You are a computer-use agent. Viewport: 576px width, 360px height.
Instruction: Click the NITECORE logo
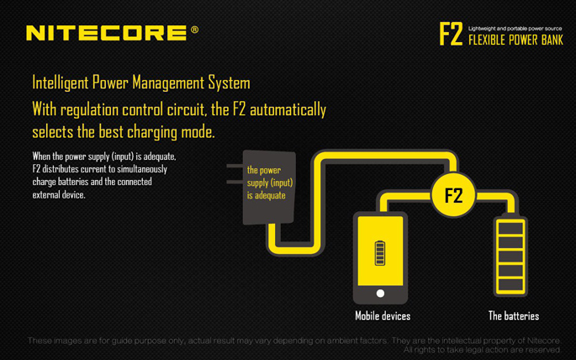(x=107, y=33)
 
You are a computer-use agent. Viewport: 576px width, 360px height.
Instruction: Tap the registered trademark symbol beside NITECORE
(x=195, y=29)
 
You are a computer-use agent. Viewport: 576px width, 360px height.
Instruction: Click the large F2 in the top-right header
(x=451, y=34)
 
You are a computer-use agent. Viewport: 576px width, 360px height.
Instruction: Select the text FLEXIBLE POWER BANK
(x=515, y=40)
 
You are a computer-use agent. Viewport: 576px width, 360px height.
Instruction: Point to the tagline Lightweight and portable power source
(x=515, y=29)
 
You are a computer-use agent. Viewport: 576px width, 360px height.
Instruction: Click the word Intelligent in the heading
(x=61, y=83)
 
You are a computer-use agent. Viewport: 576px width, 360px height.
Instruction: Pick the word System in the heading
(x=230, y=83)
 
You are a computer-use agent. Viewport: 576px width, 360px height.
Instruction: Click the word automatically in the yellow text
(x=288, y=110)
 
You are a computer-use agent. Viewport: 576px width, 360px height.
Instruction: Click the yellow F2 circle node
(x=453, y=194)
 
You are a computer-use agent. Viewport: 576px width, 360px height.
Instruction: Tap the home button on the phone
(x=381, y=294)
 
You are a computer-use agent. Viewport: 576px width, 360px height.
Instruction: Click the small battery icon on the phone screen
(x=380, y=253)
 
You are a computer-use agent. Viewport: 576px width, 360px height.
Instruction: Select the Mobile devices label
(x=383, y=316)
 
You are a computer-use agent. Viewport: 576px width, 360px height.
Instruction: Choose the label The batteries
(x=514, y=316)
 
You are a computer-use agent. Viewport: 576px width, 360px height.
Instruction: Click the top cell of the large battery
(x=510, y=228)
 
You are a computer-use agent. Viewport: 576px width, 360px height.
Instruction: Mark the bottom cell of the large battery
(x=510, y=285)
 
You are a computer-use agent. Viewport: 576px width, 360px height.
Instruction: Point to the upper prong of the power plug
(x=235, y=166)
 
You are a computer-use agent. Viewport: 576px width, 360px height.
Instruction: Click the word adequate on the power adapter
(x=271, y=195)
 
